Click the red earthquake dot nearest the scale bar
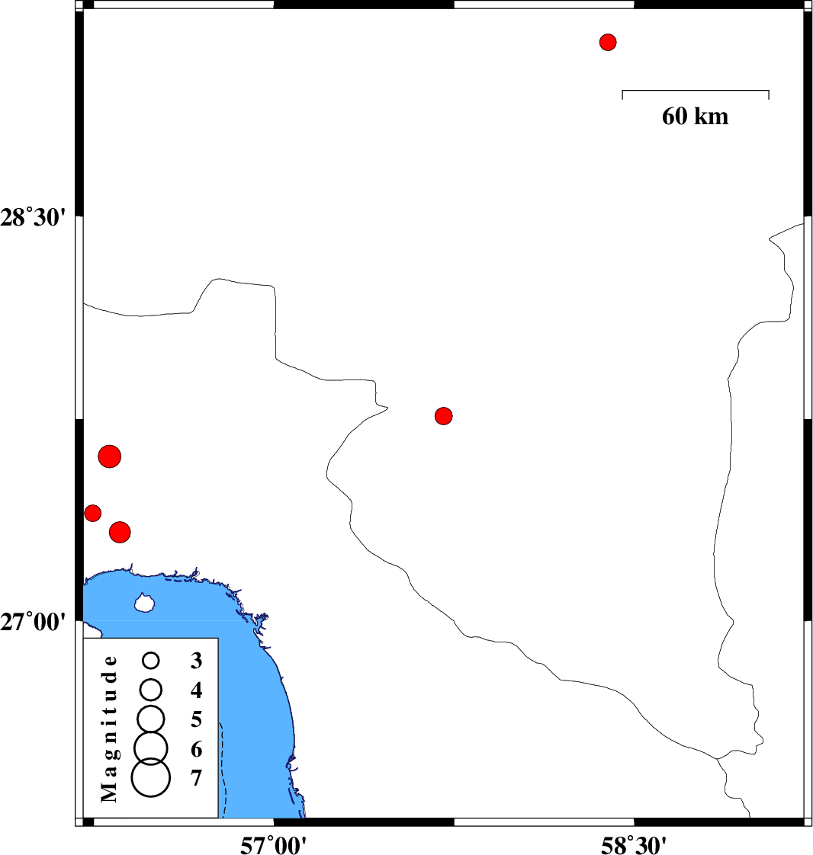[608, 42]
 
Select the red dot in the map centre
[444, 416]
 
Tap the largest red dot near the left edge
[110, 456]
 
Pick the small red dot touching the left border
[93, 513]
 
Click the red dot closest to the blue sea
[120, 532]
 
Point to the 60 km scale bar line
[696, 91]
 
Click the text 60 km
[695, 116]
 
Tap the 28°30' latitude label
[33, 218]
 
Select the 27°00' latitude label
[33, 622]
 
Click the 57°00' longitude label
[273, 845]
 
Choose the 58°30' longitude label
[634, 845]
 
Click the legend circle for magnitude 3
[151, 661]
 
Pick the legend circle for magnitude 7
[151, 777]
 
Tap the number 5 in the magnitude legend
[197, 720]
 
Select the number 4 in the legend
[197, 690]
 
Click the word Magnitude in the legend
[109, 729]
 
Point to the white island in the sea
[145, 603]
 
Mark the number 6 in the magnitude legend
[197, 749]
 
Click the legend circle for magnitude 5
[151, 719]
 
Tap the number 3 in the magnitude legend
[197, 661]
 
